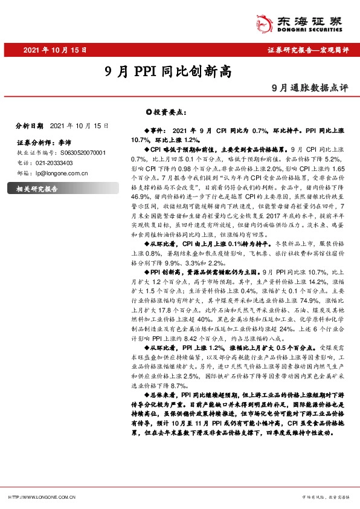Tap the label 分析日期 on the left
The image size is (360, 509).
coord(30,126)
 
